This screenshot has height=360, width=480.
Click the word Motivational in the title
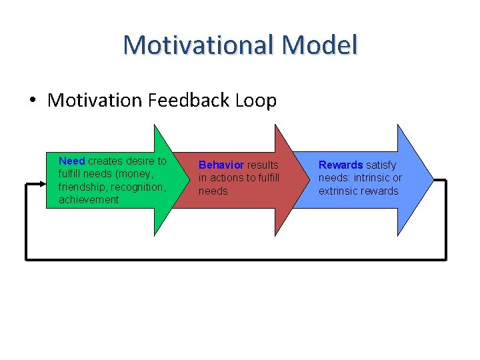[199, 45]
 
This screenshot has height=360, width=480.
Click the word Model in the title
[319, 45]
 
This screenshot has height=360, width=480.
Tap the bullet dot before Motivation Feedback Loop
[33, 101]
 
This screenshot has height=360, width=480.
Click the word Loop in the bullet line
[255, 101]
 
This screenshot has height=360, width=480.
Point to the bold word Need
[72, 161]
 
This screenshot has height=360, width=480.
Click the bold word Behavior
[221, 165]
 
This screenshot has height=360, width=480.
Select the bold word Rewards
[341, 165]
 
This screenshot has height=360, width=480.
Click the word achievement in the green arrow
[89, 199]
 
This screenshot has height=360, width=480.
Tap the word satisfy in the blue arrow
[381, 165]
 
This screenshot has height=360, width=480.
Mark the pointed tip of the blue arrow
[433, 179]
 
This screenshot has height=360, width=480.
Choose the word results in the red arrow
[263, 165]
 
